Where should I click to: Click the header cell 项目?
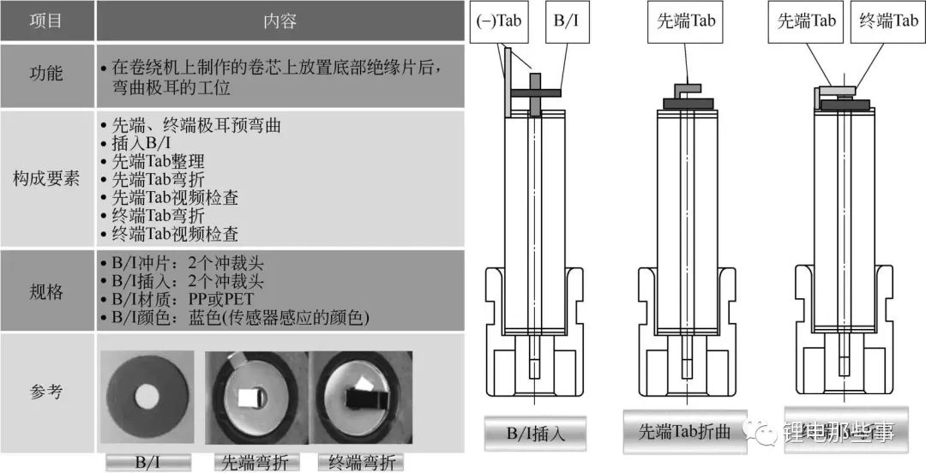coord(46,21)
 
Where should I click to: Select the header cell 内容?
coord(280,21)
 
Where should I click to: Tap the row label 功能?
coord(46,75)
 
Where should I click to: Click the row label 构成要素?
coord(46,178)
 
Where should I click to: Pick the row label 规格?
coord(46,291)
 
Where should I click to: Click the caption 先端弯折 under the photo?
coord(256,463)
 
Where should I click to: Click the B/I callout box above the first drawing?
coord(566,22)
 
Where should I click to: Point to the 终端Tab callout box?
coord(888,22)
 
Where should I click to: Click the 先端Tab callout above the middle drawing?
coord(686,22)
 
